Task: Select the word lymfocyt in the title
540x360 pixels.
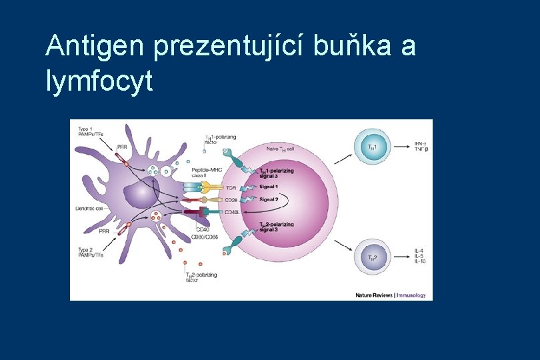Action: click(100, 82)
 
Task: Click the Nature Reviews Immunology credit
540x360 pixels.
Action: click(390, 295)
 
